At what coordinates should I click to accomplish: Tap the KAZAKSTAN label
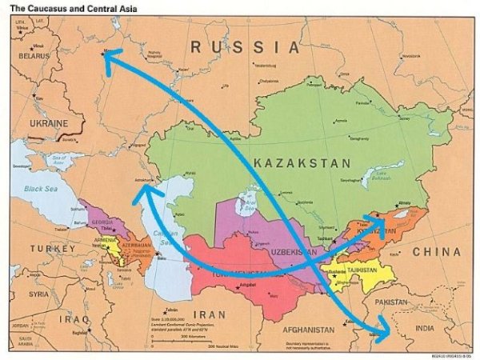(x=302, y=163)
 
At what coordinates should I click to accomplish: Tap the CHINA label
(x=436, y=252)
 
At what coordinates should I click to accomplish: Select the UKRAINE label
(x=49, y=124)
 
